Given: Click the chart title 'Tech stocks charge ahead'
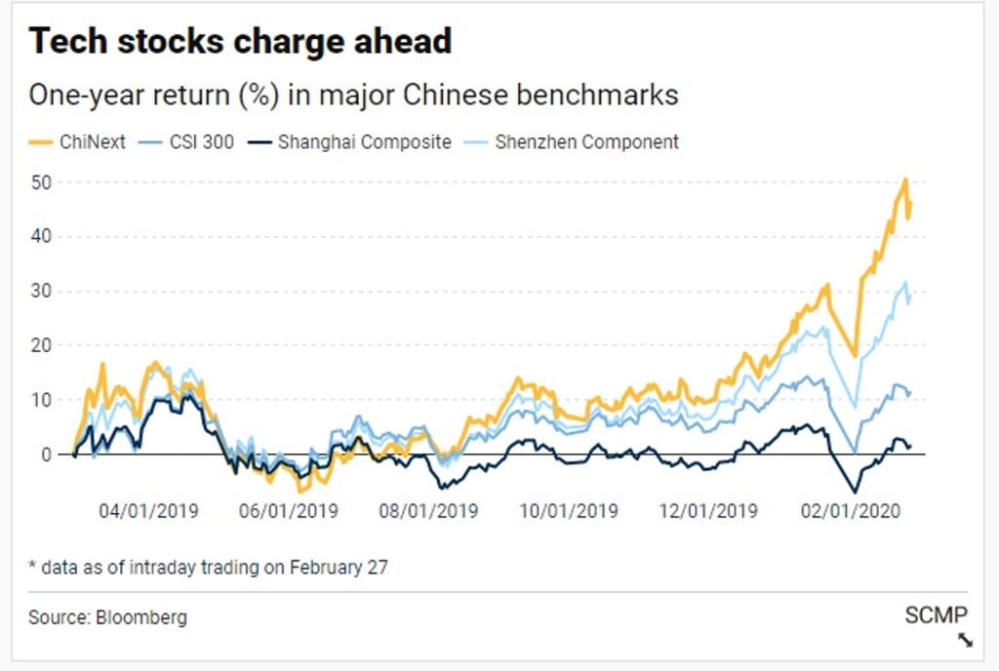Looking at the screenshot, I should pos(240,42).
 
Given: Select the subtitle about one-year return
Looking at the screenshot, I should pos(353,96).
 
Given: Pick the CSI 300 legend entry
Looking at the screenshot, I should pos(193,141).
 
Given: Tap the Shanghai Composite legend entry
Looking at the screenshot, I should pos(352,141).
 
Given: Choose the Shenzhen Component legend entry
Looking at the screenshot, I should pos(575,141).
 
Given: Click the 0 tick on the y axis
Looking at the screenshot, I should pos(45,454).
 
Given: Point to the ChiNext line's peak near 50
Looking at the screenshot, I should pos(905,180).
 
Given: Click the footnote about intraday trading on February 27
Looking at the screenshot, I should pos(208,567).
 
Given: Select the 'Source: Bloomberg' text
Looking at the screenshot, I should pos(107,617).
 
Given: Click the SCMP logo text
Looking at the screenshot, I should pos(936,614).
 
